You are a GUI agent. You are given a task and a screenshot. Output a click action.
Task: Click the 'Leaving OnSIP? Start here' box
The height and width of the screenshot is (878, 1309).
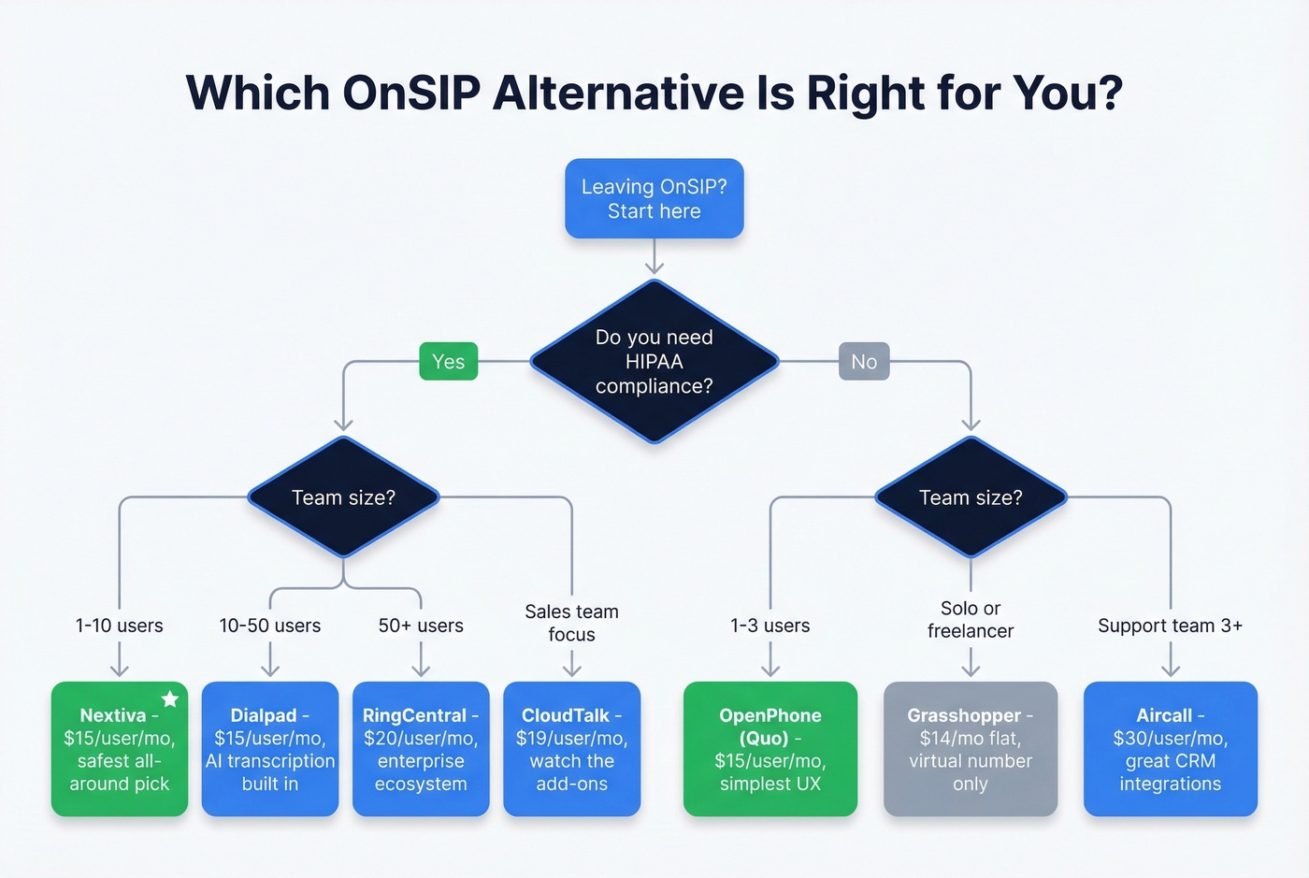pos(654,199)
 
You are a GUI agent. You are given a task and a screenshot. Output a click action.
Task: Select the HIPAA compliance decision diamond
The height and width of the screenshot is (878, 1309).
pos(654,362)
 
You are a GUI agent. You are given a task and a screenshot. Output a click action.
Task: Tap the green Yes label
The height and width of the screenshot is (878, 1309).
pos(448,362)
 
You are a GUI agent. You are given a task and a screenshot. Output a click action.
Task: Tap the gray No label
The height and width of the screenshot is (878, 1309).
pos(864,362)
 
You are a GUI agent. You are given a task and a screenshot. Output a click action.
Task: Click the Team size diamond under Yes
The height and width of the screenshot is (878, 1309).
pos(343,497)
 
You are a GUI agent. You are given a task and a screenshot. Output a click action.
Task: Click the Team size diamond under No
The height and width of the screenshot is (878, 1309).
pos(971,497)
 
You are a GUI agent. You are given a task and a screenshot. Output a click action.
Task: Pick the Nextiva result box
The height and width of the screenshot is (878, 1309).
pos(119,749)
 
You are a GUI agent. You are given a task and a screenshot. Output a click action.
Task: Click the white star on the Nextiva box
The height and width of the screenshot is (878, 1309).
pos(170,698)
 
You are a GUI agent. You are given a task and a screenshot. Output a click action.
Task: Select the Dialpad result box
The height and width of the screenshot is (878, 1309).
pos(270,749)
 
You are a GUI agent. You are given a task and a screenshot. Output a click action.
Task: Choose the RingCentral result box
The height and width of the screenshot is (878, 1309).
pos(421,749)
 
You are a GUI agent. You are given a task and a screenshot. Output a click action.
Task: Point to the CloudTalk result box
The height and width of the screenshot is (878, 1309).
pos(571,749)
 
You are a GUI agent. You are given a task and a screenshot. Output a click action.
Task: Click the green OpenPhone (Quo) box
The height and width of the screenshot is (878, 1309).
pos(770,749)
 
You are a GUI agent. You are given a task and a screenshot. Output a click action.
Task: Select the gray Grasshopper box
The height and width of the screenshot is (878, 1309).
pos(970,749)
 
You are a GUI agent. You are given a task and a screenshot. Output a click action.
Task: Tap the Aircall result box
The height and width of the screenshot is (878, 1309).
pos(1170,749)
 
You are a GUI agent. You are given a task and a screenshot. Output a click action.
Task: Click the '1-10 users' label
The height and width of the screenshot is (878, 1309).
pos(119,626)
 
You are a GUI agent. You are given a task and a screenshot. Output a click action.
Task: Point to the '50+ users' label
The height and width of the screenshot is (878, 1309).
pos(421,626)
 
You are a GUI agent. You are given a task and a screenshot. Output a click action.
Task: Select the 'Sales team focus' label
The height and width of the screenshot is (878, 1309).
pos(571,623)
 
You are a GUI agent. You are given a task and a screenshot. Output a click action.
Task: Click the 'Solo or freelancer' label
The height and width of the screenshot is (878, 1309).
pos(971,620)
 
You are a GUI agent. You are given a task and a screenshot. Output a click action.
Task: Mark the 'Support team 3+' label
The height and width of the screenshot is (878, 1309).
pos(1170,626)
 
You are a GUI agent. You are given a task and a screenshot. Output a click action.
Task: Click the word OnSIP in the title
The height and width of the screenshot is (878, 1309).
pos(411,93)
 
